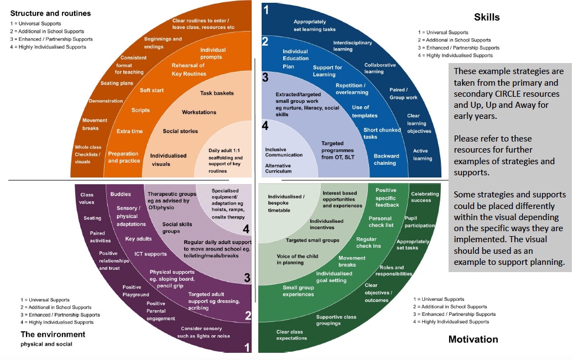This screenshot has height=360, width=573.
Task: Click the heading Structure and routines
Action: tap(50, 13)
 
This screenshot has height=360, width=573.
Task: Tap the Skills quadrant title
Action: tap(487, 17)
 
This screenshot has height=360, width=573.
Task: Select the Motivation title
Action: tap(473, 339)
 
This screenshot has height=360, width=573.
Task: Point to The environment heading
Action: tap(53, 334)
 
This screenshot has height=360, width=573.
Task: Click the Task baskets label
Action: tap(217, 93)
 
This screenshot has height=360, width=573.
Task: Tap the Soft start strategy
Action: tap(152, 90)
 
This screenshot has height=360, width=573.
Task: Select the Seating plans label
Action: tap(117, 83)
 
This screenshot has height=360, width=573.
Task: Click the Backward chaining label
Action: tap(385, 159)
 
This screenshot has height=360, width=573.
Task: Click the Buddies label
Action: tap(121, 194)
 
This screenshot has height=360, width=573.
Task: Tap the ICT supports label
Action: tap(150, 254)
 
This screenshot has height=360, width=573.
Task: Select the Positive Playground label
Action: tap(132, 291)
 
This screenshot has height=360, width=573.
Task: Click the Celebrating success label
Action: tap(425, 197)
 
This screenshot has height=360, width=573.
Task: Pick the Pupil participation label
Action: tap(419, 222)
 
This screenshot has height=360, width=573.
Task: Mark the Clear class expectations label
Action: tap(291, 335)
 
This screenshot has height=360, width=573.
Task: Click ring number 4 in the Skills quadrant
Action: tap(265, 127)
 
